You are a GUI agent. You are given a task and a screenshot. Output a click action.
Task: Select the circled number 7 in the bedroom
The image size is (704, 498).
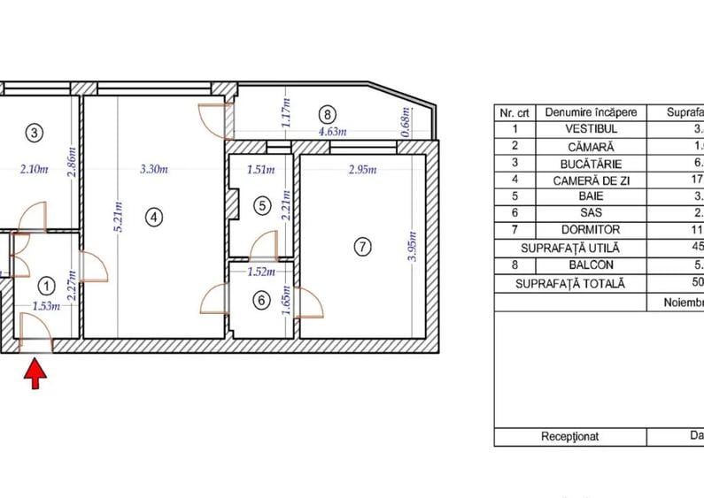tap(361, 248)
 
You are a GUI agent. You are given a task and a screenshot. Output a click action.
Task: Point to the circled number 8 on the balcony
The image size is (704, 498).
tap(328, 114)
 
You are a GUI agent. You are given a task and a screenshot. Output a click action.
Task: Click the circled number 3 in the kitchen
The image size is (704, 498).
tap(34, 134)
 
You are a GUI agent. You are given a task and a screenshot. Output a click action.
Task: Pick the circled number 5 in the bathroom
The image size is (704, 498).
tap(260, 205)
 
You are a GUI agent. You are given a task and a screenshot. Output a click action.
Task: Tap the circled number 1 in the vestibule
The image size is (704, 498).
tap(47, 285)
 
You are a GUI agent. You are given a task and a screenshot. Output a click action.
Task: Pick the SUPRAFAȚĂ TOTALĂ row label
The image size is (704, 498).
tap(571, 283)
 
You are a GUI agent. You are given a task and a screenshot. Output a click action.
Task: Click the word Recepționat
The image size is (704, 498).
tap(570, 436)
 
